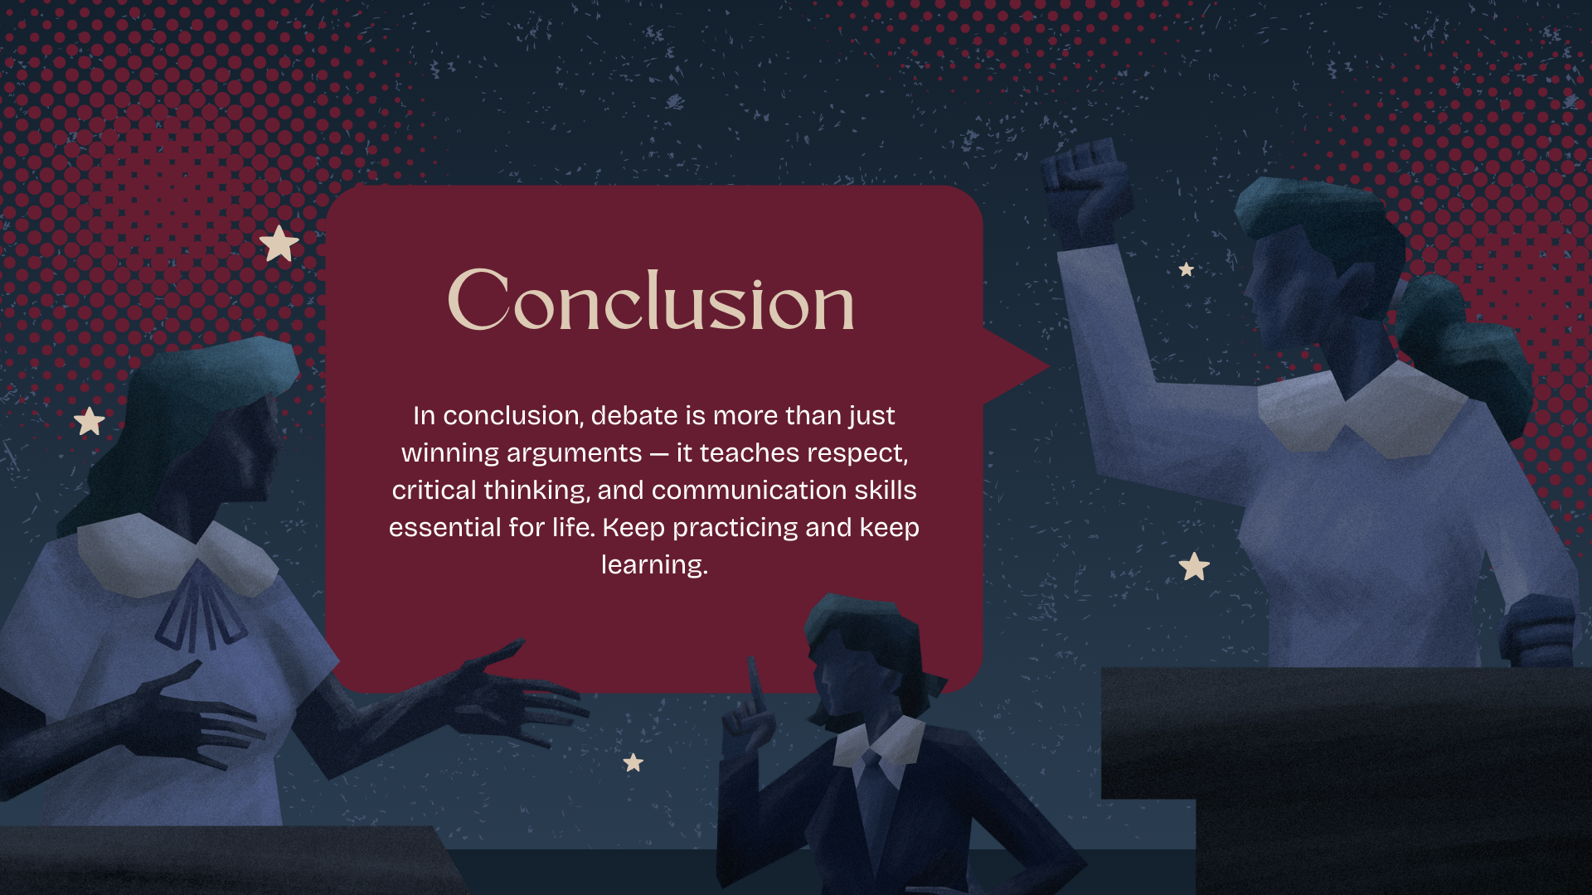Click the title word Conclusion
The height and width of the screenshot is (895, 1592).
point(651,301)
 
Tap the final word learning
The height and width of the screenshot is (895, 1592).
point(654,564)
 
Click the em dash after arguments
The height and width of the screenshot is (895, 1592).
point(659,453)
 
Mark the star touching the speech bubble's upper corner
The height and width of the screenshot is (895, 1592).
point(279,244)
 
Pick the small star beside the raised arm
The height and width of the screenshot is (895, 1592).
point(1187,269)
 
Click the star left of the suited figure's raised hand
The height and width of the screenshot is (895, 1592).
point(633,762)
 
